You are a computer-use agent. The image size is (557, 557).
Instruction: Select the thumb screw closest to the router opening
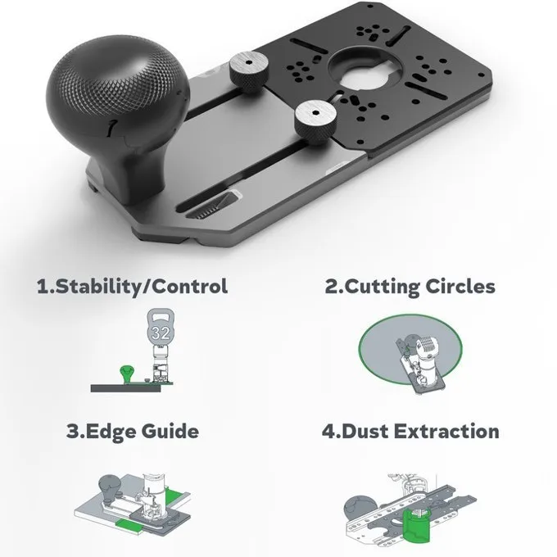(315, 123)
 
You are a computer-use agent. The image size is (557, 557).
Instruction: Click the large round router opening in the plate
(366, 70)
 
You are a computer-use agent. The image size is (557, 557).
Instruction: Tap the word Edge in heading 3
(111, 432)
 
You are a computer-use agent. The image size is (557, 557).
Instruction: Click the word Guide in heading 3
(170, 432)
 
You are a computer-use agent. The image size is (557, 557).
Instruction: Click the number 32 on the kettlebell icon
(161, 333)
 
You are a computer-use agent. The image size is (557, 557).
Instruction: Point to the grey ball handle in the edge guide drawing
(110, 486)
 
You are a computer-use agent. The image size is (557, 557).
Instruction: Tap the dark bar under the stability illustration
(125, 388)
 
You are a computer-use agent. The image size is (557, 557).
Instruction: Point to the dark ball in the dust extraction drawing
(360, 509)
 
